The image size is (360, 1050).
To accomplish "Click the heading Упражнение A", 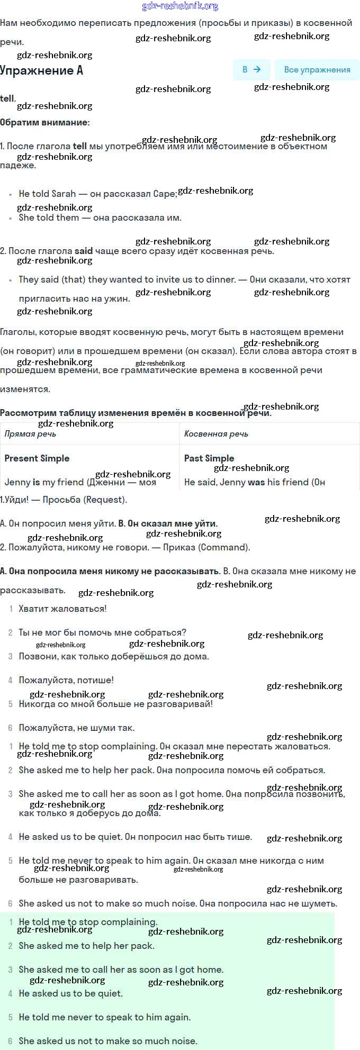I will (x=42, y=70).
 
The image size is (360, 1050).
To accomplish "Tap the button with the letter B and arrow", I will (x=251, y=69).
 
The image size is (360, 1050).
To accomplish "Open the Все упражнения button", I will (x=317, y=69).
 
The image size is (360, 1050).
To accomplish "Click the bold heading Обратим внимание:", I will (x=45, y=122).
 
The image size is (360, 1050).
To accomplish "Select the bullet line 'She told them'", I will (x=100, y=218).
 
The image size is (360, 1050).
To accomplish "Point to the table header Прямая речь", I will (x=30, y=434).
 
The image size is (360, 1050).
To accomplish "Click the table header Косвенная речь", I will (x=216, y=434).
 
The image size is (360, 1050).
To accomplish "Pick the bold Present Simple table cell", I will (x=37, y=458).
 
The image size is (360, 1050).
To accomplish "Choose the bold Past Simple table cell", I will (x=209, y=458).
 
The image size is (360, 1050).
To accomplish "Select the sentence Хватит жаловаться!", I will (x=62, y=609).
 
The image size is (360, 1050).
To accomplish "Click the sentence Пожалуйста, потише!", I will (x=66, y=680).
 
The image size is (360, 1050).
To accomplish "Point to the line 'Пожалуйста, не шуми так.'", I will (x=77, y=728).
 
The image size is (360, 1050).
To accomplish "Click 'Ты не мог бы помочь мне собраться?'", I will (x=102, y=632).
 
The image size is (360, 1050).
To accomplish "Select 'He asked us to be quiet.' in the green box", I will (x=70, y=993).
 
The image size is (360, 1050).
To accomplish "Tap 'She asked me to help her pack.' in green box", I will (x=86, y=946).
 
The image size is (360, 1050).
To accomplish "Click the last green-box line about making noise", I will (x=108, y=1041).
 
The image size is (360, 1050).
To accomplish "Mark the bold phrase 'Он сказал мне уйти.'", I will (x=168, y=523).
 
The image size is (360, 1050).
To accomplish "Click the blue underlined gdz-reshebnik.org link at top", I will (x=180, y=6).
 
